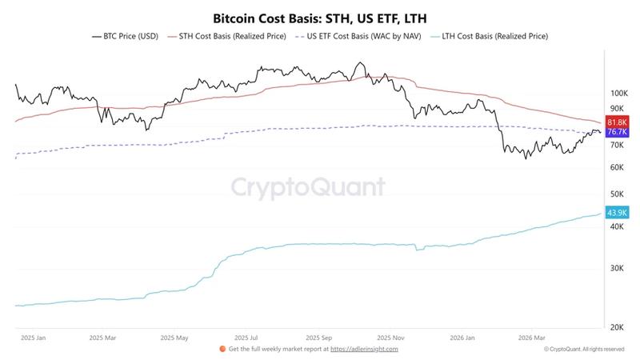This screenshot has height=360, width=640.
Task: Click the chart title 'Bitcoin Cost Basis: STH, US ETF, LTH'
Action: [320, 17]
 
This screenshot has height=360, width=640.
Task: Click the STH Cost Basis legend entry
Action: [226, 36]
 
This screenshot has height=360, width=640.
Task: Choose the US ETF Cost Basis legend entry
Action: [358, 36]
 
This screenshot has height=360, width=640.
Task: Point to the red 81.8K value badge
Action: [616, 122]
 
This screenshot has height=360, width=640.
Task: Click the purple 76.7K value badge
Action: [616, 131]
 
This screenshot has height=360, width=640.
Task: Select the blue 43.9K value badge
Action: [616, 213]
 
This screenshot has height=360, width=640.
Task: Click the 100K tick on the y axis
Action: [618, 93]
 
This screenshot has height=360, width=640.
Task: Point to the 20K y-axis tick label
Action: [616, 327]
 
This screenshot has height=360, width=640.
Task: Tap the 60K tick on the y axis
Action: [616, 167]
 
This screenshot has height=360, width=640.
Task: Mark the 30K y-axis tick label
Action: [616, 268]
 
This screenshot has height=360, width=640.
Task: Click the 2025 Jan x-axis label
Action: [33, 338]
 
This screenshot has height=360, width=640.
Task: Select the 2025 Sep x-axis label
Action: [324, 338]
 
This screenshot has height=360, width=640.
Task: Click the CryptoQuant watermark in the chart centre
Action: [308, 187]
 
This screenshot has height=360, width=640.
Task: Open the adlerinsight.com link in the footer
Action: [364, 349]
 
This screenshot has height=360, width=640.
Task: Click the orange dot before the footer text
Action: [222, 349]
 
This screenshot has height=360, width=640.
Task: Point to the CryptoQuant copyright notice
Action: [584, 349]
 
